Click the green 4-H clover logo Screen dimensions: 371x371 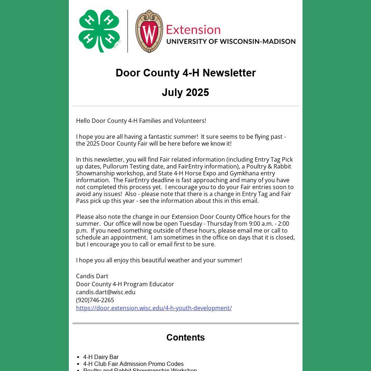[99, 31]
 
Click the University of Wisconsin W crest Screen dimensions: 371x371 [149, 32]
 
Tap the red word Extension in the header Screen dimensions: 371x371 [193, 30]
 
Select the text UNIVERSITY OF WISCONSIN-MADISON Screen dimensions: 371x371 [231, 41]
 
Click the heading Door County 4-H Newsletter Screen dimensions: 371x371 [185, 73]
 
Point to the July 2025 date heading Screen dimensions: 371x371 [185, 92]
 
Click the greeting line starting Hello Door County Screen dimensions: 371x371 [141, 121]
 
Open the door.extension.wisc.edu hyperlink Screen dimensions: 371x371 [154, 308]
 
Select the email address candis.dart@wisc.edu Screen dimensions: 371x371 [106, 292]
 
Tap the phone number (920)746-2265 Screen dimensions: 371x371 [95, 300]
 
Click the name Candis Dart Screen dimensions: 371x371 [92, 276]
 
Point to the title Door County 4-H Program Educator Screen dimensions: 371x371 [125, 284]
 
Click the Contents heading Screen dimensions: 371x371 [185, 337]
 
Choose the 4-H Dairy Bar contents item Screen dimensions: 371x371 [101, 357]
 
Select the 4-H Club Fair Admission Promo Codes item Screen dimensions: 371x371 [133, 364]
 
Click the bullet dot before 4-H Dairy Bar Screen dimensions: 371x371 [79, 357]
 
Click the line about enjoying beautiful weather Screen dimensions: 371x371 [159, 260]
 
